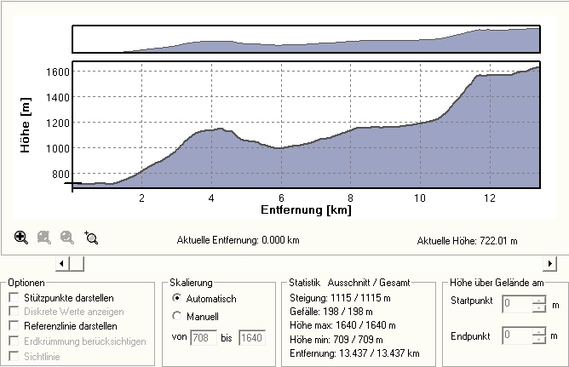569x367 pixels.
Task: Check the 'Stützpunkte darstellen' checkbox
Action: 14,297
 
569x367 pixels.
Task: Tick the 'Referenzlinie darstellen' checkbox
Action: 14,326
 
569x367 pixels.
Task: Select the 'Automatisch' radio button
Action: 176,299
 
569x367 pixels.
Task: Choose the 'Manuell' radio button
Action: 176,317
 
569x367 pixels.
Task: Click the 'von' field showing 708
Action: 204,338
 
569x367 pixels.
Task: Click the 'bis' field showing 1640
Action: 252,338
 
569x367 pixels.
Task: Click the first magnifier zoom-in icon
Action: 21,238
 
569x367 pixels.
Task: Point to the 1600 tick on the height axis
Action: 57,72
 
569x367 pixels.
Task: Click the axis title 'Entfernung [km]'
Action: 306,209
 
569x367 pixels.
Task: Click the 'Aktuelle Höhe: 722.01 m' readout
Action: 467,241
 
